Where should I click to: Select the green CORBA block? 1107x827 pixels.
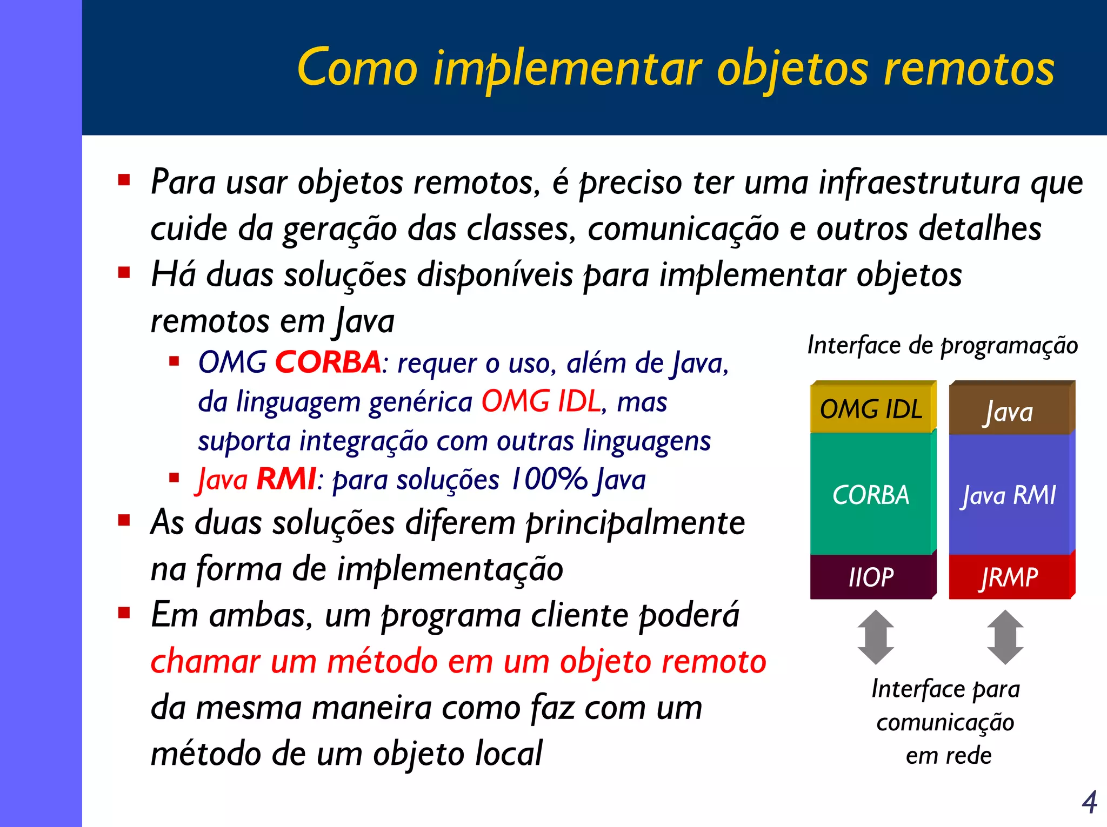tap(871, 494)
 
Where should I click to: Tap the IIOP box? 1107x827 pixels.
tap(871, 577)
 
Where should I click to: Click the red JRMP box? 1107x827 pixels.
tap(1009, 577)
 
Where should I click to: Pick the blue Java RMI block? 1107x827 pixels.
tap(1009, 494)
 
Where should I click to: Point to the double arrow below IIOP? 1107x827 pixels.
tap(876, 637)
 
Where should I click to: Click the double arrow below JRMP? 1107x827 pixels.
tap(1005, 637)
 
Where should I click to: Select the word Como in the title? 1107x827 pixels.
tap(357, 69)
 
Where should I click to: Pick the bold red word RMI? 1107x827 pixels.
tap(286, 479)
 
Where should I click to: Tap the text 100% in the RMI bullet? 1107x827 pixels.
tap(548, 479)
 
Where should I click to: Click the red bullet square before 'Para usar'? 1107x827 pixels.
tap(124, 180)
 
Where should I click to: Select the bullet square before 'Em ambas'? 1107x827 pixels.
tap(124, 613)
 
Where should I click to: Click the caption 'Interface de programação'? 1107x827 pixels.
tap(942, 345)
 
